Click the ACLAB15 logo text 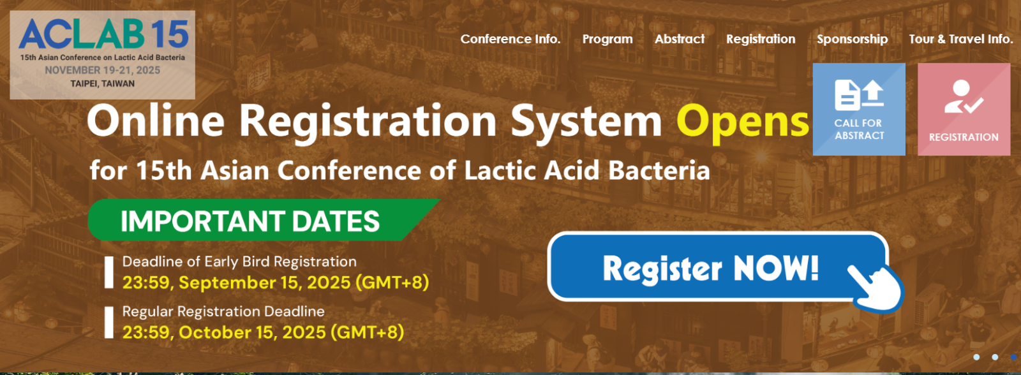tap(103, 34)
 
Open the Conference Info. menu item tap(511, 39)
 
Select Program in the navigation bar tap(607, 40)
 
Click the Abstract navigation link tap(680, 39)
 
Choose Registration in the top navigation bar tap(761, 40)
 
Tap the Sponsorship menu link tap(853, 40)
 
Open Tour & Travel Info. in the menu tap(961, 39)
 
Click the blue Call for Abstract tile tap(859, 109)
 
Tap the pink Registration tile tap(964, 109)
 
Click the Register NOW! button tap(718, 267)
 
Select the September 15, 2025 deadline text tap(276, 283)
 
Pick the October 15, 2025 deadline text tap(263, 332)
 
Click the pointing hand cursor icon tap(876, 288)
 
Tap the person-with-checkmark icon tap(963, 97)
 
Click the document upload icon tap(859, 95)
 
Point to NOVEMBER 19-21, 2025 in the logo tap(103, 70)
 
